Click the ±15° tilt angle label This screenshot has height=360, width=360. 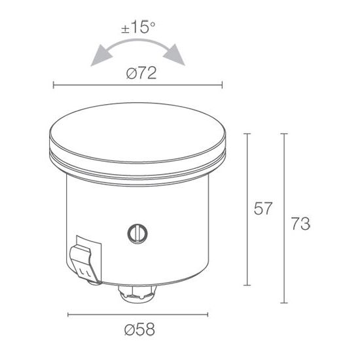(x=138, y=27)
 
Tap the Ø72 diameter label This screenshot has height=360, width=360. (x=141, y=73)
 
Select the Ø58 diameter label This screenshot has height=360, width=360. (x=139, y=329)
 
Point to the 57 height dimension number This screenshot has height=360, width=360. (x=263, y=208)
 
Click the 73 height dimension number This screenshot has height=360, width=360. (x=301, y=223)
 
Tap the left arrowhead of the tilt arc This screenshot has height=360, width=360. (x=101, y=56)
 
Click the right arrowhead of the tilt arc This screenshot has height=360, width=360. (x=174, y=55)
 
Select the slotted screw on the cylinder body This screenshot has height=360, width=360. (x=137, y=234)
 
